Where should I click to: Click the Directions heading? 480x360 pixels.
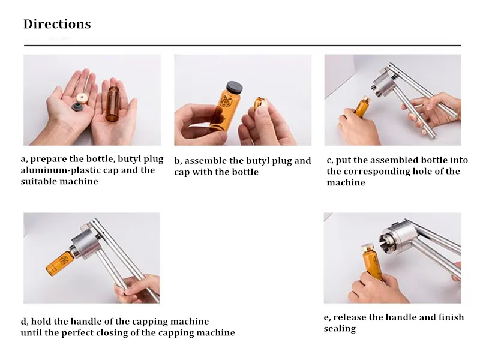pyautogui.click(x=57, y=25)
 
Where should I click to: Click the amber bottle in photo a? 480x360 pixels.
pyautogui.click(x=115, y=103)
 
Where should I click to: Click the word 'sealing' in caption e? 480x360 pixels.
pyautogui.click(x=340, y=329)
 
